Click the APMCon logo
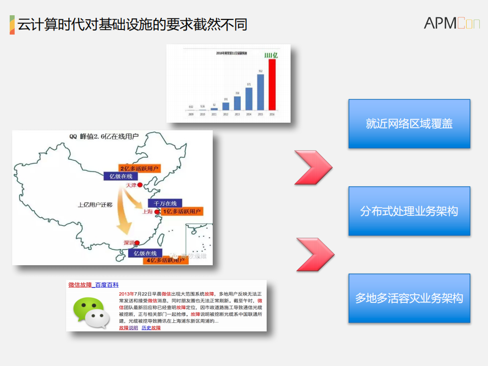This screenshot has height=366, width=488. [x=451, y=23]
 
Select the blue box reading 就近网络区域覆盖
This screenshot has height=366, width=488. [x=409, y=124]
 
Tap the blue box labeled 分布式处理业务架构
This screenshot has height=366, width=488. [x=409, y=211]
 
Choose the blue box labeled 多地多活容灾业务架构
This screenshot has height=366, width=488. [x=409, y=298]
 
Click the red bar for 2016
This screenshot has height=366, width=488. [x=272, y=85]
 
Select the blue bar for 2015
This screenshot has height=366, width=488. [x=261, y=92]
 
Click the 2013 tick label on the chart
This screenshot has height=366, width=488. [x=237, y=115]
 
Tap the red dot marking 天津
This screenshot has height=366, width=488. [x=139, y=185]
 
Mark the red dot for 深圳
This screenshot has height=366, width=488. [x=138, y=243]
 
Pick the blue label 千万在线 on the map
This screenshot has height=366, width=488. [x=164, y=203]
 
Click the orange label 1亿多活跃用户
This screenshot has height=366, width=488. [x=182, y=211]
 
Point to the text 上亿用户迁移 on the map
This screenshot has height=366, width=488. [x=95, y=205]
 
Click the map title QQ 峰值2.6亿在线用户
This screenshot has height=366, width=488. [x=104, y=136]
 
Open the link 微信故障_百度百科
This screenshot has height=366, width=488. [x=93, y=285]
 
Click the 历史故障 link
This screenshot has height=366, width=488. [x=151, y=328]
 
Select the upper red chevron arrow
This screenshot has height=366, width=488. [x=313, y=167]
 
